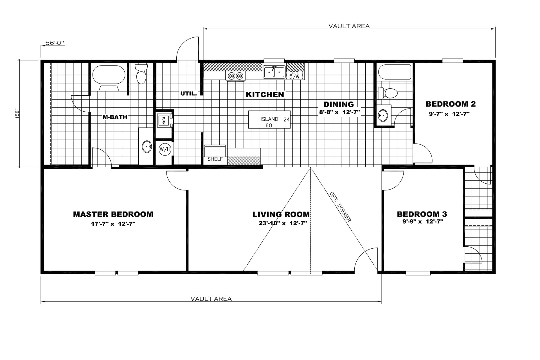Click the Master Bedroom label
[x=113, y=214]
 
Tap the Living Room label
[x=281, y=215]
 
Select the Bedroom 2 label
[x=451, y=104]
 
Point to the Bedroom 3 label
[x=422, y=214]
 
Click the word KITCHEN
[x=265, y=94]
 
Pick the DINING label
[x=339, y=104]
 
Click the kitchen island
[x=269, y=120]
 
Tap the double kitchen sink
[x=274, y=72]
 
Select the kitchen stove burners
[x=236, y=75]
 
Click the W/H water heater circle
[x=165, y=149]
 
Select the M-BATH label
[x=115, y=117]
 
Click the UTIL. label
[x=188, y=94]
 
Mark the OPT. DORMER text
[x=341, y=207]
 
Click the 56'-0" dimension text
[x=55, y=43]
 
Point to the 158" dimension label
[x=17, y=114]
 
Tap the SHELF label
[x=215, y=159]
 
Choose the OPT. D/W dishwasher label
[x=294, y=75]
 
